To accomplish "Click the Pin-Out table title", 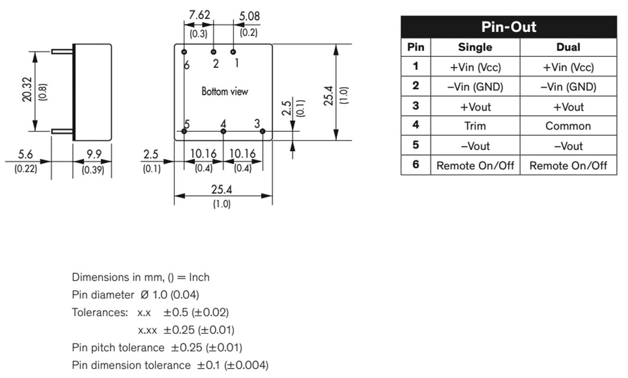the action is tap(508, 27).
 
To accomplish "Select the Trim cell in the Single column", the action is tap(475, 126).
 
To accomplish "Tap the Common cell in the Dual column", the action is tap(568, 126).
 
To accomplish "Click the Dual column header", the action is tap(568, 47).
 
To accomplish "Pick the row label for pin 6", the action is tap(415, 164).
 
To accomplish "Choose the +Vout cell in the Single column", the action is tap(475, 107).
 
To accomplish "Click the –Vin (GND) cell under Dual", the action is tap(568, 87).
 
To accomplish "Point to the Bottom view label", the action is tap(224, 92).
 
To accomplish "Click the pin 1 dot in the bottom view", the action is tap(233, 51).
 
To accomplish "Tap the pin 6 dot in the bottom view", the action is tap(184, 51).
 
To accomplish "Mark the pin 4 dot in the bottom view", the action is tap(223, 131).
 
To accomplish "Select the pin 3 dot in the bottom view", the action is tap(263, 131).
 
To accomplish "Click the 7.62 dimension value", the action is tap(199, 15).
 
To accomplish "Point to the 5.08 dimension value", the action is tap(249, 16).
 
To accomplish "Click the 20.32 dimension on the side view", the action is tap(27, 89).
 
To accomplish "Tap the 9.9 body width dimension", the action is tap(94, 154).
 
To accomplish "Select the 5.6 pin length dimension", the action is tap(25, 154).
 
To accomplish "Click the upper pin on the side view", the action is tap(63, 51).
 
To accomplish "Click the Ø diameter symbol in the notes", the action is tap(145, 295).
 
